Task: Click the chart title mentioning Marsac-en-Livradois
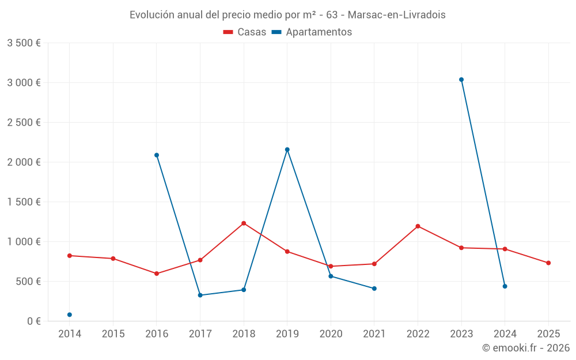point(287,15)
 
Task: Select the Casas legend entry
point(245,32)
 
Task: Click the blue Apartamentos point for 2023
point(461,79)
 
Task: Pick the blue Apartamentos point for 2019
point(287,150)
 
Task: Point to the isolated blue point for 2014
point(70,314)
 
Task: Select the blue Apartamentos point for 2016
point(157,155)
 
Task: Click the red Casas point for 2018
point(244,223)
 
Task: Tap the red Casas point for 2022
point(418,226)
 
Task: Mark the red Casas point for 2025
point(548,263)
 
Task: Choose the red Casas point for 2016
point(157,274)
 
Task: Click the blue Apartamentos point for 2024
point(505,286)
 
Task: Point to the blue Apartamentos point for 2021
point(374,289)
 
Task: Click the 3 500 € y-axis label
point(24,43)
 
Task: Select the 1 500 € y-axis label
point(24,202)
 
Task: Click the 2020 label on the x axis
point(331,334)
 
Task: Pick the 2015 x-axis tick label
point(113,334)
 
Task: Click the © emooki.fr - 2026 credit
point(525,348)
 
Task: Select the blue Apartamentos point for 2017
point(200,295)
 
